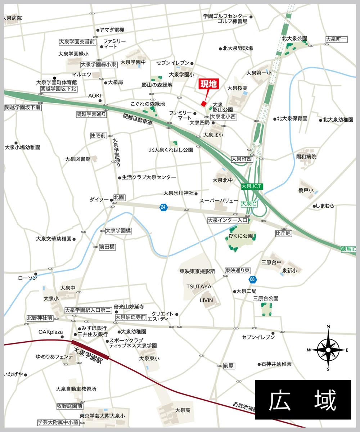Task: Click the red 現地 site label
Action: pyautogui.click(x=208, y=85)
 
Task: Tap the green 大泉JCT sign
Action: pyautogui.click(x=252, y=186)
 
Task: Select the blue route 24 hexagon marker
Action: pyautogui.click(x=164, y=207)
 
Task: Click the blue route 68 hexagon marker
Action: pyautogui.click(x=252, y=279)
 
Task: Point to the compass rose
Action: pyautogui.click(x=328, y=348)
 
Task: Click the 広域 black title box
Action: pyautogui.click(x=303, y=400)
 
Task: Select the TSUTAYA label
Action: pyautogui.click(x=199, y=287)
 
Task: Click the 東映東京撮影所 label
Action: pyautogui.click(x=198, y=271)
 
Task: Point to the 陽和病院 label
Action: pyautogui.click(x=306, y=157)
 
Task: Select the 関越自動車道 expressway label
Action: pyautogui.click(x=138, y=120)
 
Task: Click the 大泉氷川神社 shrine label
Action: pyautogui.click(x=179, y=193)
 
